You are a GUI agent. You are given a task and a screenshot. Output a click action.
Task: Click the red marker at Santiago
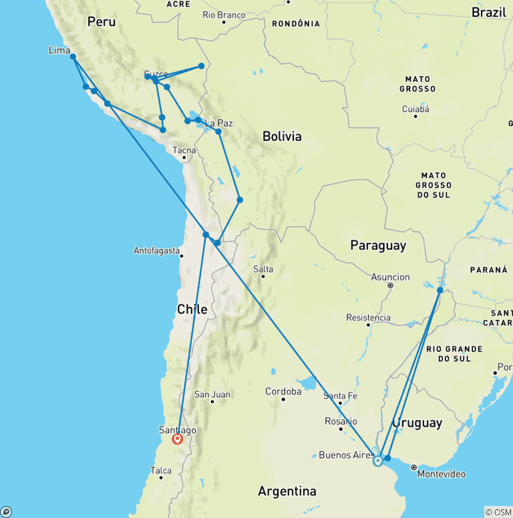pyautogui.click(x=178, y=439)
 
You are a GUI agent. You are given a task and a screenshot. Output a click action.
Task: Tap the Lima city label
pyautogui.click(x=59, y=50)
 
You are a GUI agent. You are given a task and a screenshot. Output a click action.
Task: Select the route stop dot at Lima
pyautogui.click(x=73, y=57)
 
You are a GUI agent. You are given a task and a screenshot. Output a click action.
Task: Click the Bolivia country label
pyautogui.click(x=282, y=136)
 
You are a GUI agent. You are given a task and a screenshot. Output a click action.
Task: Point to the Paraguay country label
pyautogui.click(x=378, y=246)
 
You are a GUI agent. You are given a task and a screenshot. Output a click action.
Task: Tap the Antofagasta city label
pyautogui.click(x=157, y=251)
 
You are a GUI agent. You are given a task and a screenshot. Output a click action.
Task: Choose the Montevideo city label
pyautogui.click(x=441, y=474)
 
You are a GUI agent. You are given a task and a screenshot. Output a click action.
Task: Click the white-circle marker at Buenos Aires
pyautogui.click(x=378, y=461)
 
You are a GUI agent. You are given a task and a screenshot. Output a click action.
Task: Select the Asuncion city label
pyautogui.click(x=391, y=277)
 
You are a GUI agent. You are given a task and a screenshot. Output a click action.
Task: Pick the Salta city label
pyautogui.click(x=263, y=270)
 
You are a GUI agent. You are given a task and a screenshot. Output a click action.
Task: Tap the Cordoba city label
pyautogui.click(x=283, y=391)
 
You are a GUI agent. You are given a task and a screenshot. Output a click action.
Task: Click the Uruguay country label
pyautogui.click(x=417, y=423)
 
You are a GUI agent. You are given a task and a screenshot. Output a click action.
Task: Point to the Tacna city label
pyautogui.click(x=184, y=150)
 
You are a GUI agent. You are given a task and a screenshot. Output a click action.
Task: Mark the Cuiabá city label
pyautogui.click(x=415, y=109)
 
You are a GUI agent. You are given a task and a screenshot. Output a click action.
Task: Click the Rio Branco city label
pyautogui.click(x=224, y=14)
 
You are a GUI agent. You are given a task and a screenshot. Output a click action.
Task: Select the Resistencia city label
pyautogui.click(x=368, y=318)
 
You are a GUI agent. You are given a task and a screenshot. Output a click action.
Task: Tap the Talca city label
pyautogui.click(x=161, y=471)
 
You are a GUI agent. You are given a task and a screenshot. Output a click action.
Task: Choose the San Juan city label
pyautogui.click(x=212, y=395)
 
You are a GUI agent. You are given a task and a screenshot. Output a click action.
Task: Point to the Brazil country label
pyautogui.click(x=489, y=12)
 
